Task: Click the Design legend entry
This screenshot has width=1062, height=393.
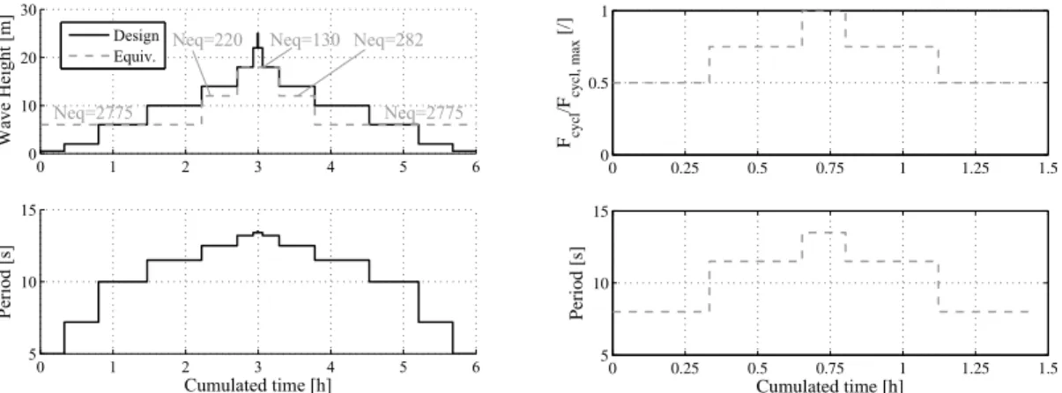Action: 114,35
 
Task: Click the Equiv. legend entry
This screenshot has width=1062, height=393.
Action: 112,57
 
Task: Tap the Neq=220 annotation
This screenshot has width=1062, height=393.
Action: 208,40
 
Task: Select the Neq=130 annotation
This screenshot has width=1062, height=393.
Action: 305,40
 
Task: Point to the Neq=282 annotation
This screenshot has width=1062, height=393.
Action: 389,40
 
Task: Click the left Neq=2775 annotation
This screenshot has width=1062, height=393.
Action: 93,113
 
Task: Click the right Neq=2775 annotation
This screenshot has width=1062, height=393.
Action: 423,113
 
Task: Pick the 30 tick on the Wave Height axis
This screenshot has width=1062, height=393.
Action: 29,11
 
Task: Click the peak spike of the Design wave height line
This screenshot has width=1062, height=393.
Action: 258,33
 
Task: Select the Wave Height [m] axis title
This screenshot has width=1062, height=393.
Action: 5,79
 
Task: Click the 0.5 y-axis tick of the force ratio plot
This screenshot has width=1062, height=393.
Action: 598,84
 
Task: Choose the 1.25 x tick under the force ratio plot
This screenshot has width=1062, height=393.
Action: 976,167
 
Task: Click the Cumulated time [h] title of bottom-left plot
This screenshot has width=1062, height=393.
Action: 258,385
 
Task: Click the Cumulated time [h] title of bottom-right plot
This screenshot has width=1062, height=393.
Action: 829,385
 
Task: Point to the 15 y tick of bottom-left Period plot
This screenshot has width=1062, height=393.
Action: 29,210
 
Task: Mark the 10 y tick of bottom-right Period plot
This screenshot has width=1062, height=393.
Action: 601,283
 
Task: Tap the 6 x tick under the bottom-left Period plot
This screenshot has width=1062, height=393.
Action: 476,367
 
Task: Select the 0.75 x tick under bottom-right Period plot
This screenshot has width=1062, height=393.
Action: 829,367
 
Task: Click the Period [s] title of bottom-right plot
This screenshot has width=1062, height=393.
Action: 576,283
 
